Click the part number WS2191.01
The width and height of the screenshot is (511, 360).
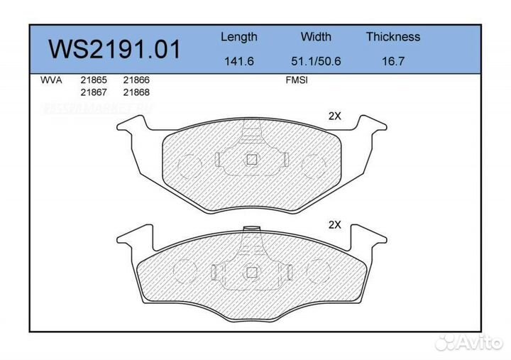[114, 50]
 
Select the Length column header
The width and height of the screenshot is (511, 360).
[238, 37]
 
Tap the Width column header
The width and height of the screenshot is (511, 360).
[316, 37]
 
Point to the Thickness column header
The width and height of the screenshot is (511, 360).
[392, 37]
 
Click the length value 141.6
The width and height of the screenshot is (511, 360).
[238, 61]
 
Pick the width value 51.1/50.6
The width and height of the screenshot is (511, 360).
[317, 61]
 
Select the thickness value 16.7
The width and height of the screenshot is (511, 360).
[392, 61]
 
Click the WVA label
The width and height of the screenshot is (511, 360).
[52, 80]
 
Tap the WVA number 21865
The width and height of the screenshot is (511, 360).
[93, 80]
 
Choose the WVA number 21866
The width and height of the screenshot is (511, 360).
[136, 80]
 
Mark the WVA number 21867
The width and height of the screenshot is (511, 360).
[93, 92]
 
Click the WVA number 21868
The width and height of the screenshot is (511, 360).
[136, 92]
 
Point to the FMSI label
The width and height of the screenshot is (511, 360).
[295, 80]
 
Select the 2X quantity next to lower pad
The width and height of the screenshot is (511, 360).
[334, 224]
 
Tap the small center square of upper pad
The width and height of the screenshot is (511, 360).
[251, 160]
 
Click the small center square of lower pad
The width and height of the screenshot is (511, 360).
[251, 271]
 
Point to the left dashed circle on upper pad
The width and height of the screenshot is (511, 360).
[191, 166]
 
